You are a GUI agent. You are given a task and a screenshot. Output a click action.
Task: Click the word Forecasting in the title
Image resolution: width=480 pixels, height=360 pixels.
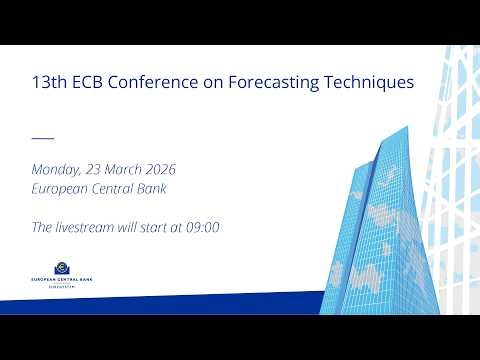point(288,83)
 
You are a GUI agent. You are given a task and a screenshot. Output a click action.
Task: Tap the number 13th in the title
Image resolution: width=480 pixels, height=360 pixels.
point(50,83)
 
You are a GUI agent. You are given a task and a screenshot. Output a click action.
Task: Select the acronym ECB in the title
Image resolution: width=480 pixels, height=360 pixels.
point(92,83)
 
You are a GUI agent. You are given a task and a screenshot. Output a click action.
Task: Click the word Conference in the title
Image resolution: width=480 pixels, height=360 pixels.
point(164,83)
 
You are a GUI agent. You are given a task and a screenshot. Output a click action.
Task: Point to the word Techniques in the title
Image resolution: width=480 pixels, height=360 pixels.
point(375,83)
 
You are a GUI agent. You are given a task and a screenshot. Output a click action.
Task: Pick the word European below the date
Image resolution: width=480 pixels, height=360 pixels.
point(63,189)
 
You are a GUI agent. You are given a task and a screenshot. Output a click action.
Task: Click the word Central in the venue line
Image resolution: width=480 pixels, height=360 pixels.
point(116,189)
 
